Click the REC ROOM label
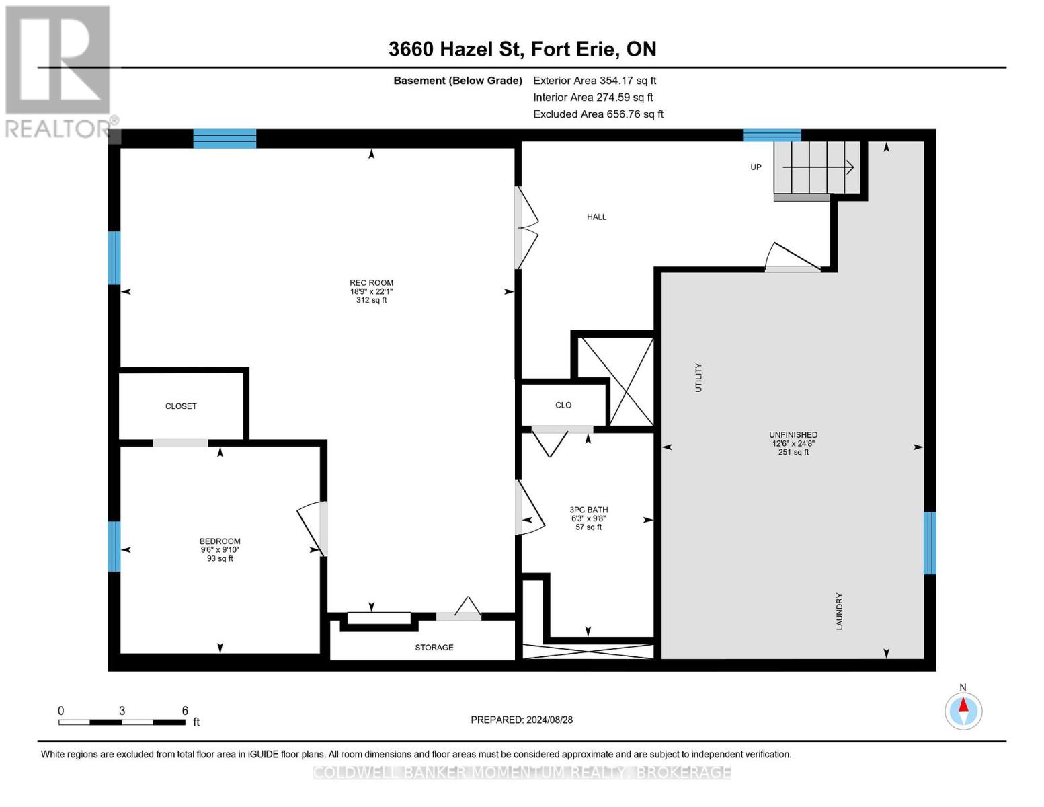click(371, 284)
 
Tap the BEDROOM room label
click(220, 542)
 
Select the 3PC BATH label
click(588, 510)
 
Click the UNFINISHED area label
click(793, 436)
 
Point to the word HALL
click(596, 217)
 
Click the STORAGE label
click(434, 648)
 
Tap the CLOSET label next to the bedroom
click(181, 406)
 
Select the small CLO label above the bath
click(563, 406)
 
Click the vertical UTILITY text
click(698, 378)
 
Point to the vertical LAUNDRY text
click(839, 611)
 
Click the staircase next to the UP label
click(817, 167)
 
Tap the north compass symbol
click(963, 710)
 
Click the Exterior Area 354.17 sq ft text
click(594, 81)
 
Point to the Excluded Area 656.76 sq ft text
click(598, 114)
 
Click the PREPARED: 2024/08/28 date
click(522, 720)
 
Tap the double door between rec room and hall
click(526, 228)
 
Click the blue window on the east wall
click(930, 543)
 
